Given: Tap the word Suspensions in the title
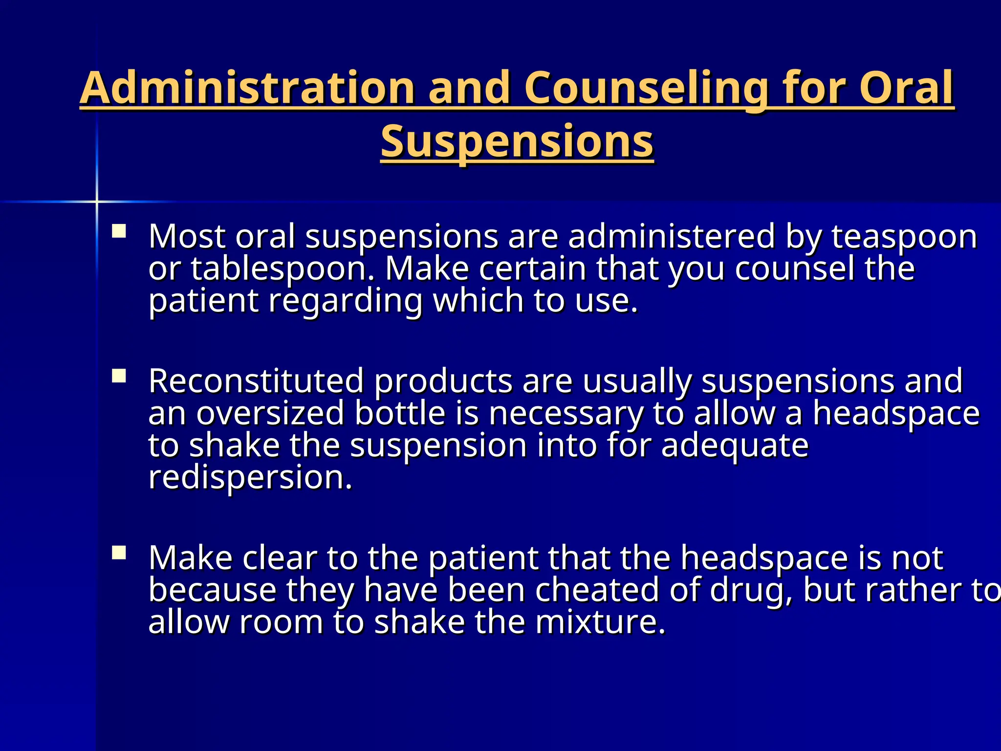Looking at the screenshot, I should [x=517, y=141].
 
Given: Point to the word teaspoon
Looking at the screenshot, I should [x=904, y=237].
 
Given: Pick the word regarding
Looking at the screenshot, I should [x=345, y=301].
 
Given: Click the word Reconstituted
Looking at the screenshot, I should [x=256, y=381].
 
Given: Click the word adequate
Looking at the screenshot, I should [x=735, y=446].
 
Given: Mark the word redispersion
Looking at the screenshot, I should [x=250, y=478].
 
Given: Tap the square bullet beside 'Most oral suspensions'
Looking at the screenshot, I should [x=119, y=231].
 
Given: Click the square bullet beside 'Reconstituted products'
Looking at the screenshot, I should [x=119, y=375].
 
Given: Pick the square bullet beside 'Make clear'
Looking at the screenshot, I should [x=119, y=552].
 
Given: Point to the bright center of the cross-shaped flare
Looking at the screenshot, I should [x=97, y=201].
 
